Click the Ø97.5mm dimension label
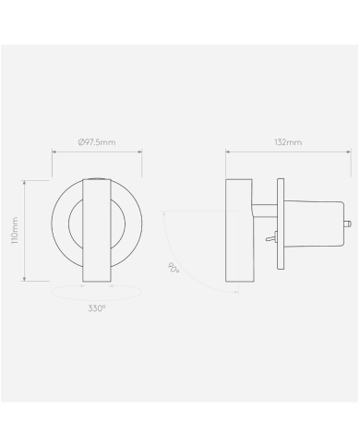pyautogui.click(x=96, y=143)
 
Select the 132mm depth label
pyautogui.click(x=288, y=143)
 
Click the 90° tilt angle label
pyautogui.click(x=173, y=269)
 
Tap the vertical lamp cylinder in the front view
pyautogui.click(x=96, y=230)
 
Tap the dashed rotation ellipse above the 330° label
pyautogui.click(x=96, y=292)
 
